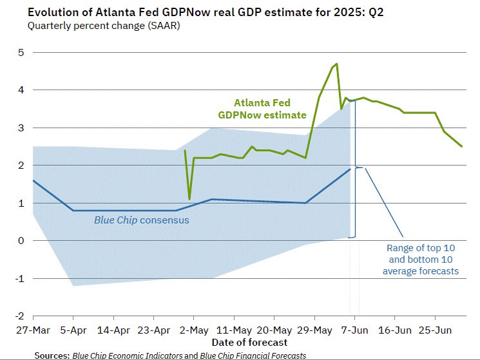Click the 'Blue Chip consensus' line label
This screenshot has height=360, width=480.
coord(141,220)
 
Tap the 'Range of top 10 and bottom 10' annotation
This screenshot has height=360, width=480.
coord(420,260)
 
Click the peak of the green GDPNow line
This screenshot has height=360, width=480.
coord(336,64)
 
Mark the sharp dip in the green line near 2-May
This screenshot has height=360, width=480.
coord(189,198)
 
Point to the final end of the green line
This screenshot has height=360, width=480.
coord(462,146)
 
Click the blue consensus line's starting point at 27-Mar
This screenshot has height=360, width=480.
coord(33,180)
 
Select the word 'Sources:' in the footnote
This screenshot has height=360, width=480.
coord(52,355)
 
